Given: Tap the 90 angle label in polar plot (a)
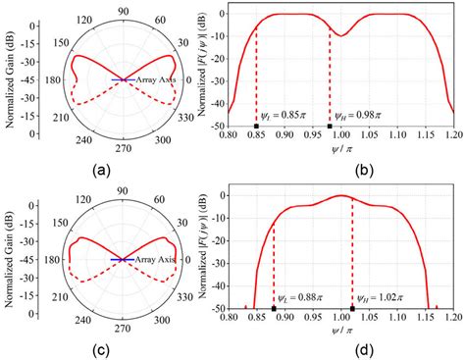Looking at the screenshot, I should [x=123, y=11].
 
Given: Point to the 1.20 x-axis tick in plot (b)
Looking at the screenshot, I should [x=453, y=137].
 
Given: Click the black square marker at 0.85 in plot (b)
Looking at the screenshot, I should [x=256, y=126].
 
